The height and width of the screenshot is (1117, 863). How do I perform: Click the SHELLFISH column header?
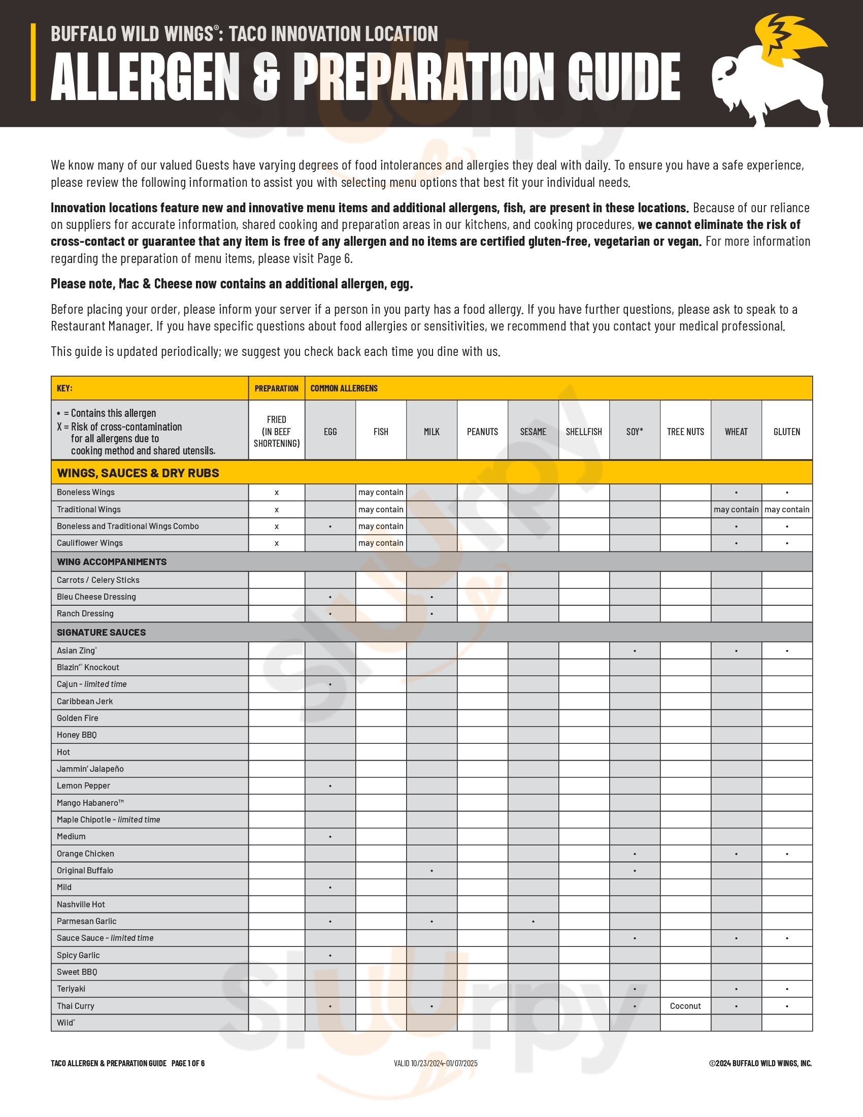click(x=584, y=432)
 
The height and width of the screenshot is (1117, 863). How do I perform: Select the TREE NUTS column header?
click(x=685, y=432)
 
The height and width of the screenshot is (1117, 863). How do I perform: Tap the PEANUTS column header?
click(x=482, y=432)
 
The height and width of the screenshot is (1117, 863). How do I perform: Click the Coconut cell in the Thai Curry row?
click(x=685, y=1006)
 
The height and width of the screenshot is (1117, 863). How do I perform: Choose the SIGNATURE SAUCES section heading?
click(x=101, y=633)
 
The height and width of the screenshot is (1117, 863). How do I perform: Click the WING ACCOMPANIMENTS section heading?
click(x=112, y=562)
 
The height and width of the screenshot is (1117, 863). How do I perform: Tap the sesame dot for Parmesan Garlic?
click(x=533, y=922)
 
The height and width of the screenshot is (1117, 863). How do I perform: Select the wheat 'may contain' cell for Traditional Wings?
click(x=736, y=509)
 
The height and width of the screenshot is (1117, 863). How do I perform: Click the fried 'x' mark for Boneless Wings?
click(x=277, y=492)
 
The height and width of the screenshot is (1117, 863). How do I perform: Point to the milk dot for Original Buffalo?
click(x=432, y=870)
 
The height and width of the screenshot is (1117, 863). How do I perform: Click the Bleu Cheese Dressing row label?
click(x=96, y=597)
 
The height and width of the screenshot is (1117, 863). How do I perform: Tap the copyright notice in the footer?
click(x=760, y=1063)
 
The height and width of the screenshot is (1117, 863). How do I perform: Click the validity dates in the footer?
click(x=436, y=1063)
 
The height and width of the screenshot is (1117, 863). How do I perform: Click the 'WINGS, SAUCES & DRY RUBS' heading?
click(x=138, y=473)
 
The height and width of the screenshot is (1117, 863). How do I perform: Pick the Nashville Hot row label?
click(x=81, y=904)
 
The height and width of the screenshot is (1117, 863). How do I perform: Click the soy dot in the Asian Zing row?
click(x=635, y=651)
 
